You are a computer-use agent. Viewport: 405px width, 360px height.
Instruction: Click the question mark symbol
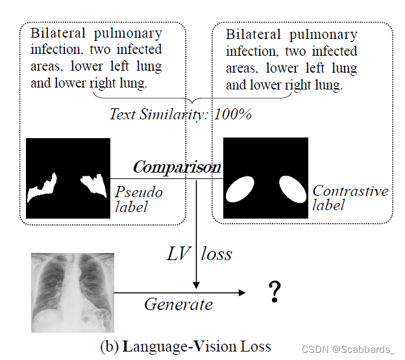[x=275, y=293]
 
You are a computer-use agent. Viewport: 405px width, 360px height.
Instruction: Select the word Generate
[x=178, y=304]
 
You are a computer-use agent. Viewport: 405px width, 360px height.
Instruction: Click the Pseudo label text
[x=139, y=199]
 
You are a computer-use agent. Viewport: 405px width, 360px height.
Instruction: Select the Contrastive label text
[x=350, y=197]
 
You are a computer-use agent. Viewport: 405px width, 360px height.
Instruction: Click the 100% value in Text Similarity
[x=233, y=114]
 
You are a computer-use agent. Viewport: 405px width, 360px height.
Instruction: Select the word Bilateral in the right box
[x=253, y=34]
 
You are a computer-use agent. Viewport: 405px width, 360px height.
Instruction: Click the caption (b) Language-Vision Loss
[x=186, y=346]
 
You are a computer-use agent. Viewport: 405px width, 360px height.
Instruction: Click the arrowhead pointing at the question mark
[x=242, y=293]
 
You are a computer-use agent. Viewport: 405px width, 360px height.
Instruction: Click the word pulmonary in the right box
[x=323, y=34]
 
